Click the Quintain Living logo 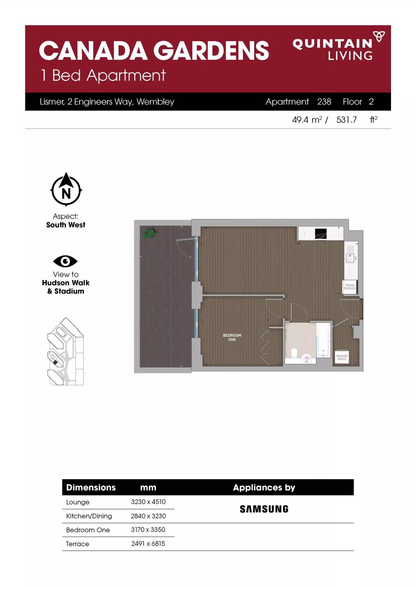coord(338,46)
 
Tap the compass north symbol coord(66,189)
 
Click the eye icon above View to coord(65,261)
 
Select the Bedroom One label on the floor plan coord(232,337)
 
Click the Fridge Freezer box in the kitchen coord(350,287)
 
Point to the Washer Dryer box coord(342,357)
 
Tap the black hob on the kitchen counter coord(321,234)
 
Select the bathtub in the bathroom coord(323,340)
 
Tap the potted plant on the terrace coord(149,233)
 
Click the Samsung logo coord(264,509)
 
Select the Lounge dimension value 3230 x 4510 coord(148,502)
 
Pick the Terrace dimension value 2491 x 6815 coord(148,544)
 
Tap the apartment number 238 coord(324,102)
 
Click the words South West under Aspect coord(66,225)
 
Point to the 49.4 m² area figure coord(307,120)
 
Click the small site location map coord(66,351)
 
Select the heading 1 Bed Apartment coord(103,75)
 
